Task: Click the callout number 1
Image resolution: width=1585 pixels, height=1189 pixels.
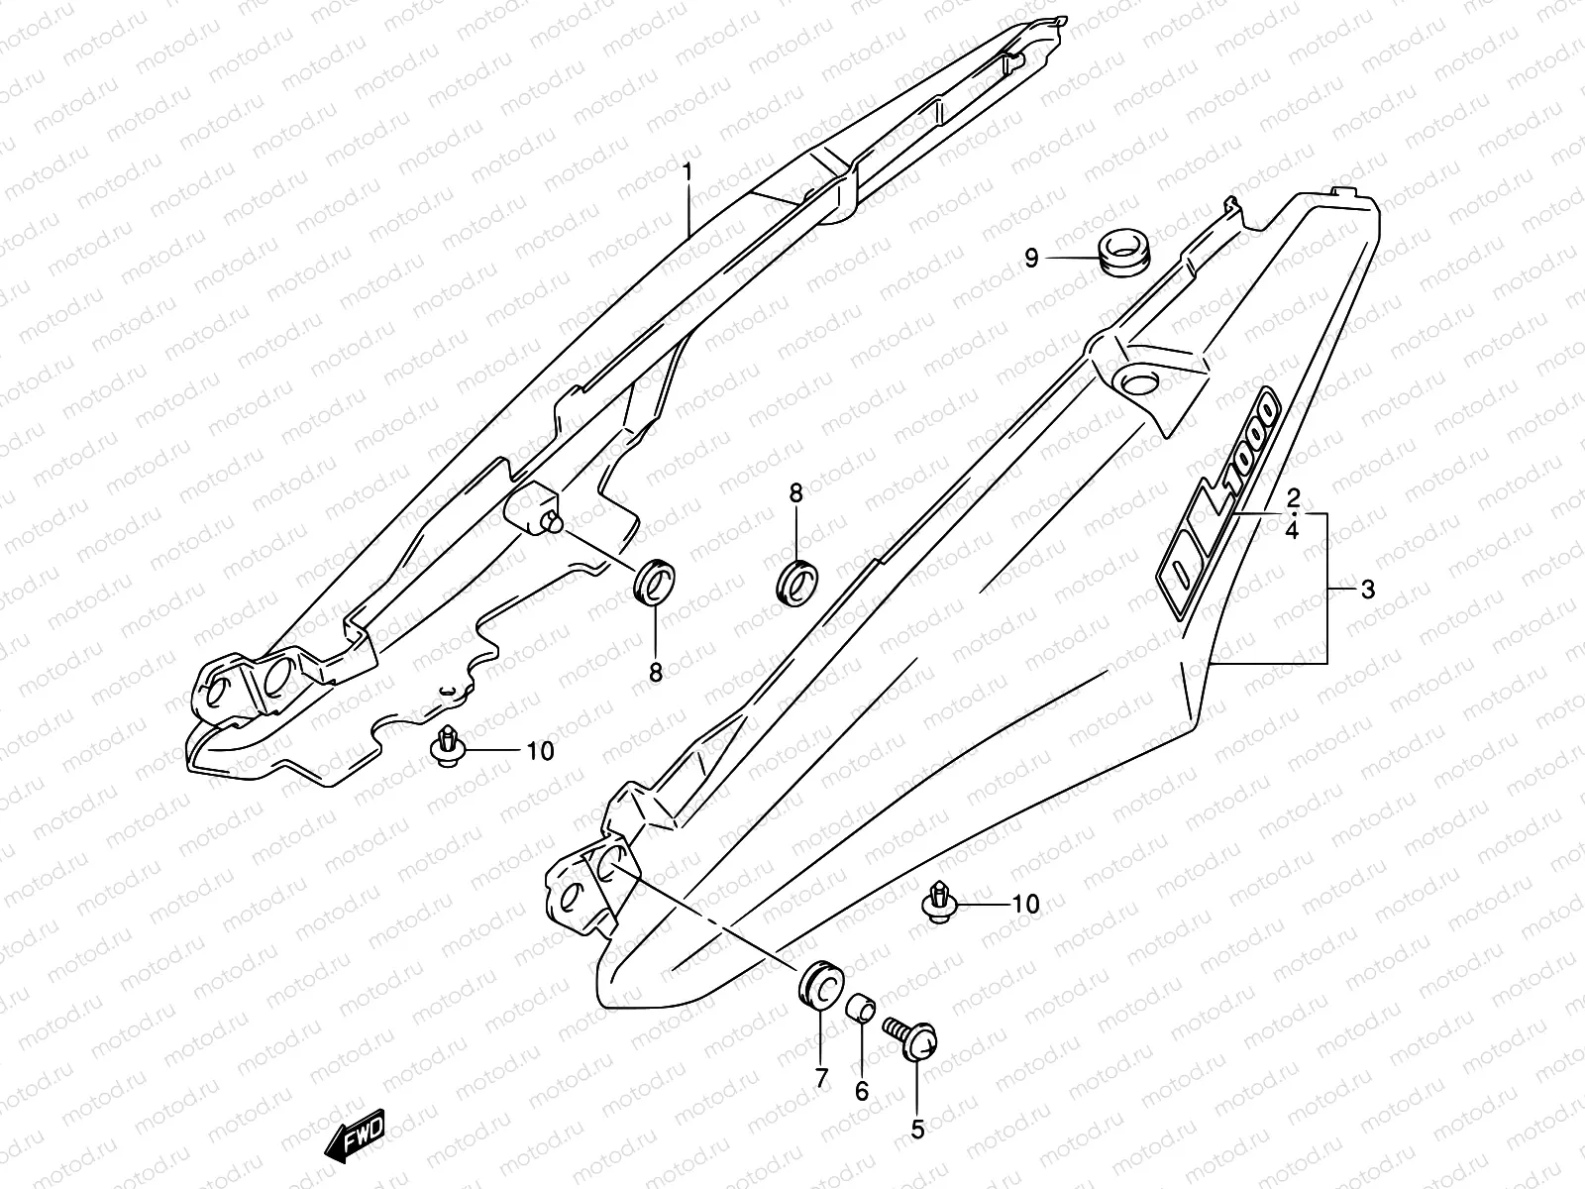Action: tap(714, 175)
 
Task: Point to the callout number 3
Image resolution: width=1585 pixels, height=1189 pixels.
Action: tap(1367, 591)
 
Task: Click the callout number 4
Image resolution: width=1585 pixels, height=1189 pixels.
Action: tap(1293, 531)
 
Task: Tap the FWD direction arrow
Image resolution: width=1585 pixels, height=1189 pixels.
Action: tap(355, 1137)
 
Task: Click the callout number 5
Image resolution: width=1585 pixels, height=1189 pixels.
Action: tap(917, 1128)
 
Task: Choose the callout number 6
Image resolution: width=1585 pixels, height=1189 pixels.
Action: tap(861, 1091)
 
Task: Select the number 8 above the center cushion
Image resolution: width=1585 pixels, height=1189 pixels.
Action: tap(795, 492)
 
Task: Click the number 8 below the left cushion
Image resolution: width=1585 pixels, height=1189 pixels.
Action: tap(655, 673)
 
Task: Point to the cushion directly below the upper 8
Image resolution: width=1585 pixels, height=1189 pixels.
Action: tap(796, 581)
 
